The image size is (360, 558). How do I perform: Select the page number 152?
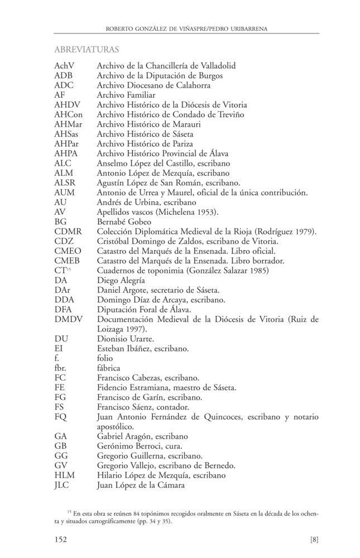coord(61,540)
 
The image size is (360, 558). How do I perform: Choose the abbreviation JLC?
coord(64,485)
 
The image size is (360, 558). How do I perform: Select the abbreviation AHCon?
coord(69,114)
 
